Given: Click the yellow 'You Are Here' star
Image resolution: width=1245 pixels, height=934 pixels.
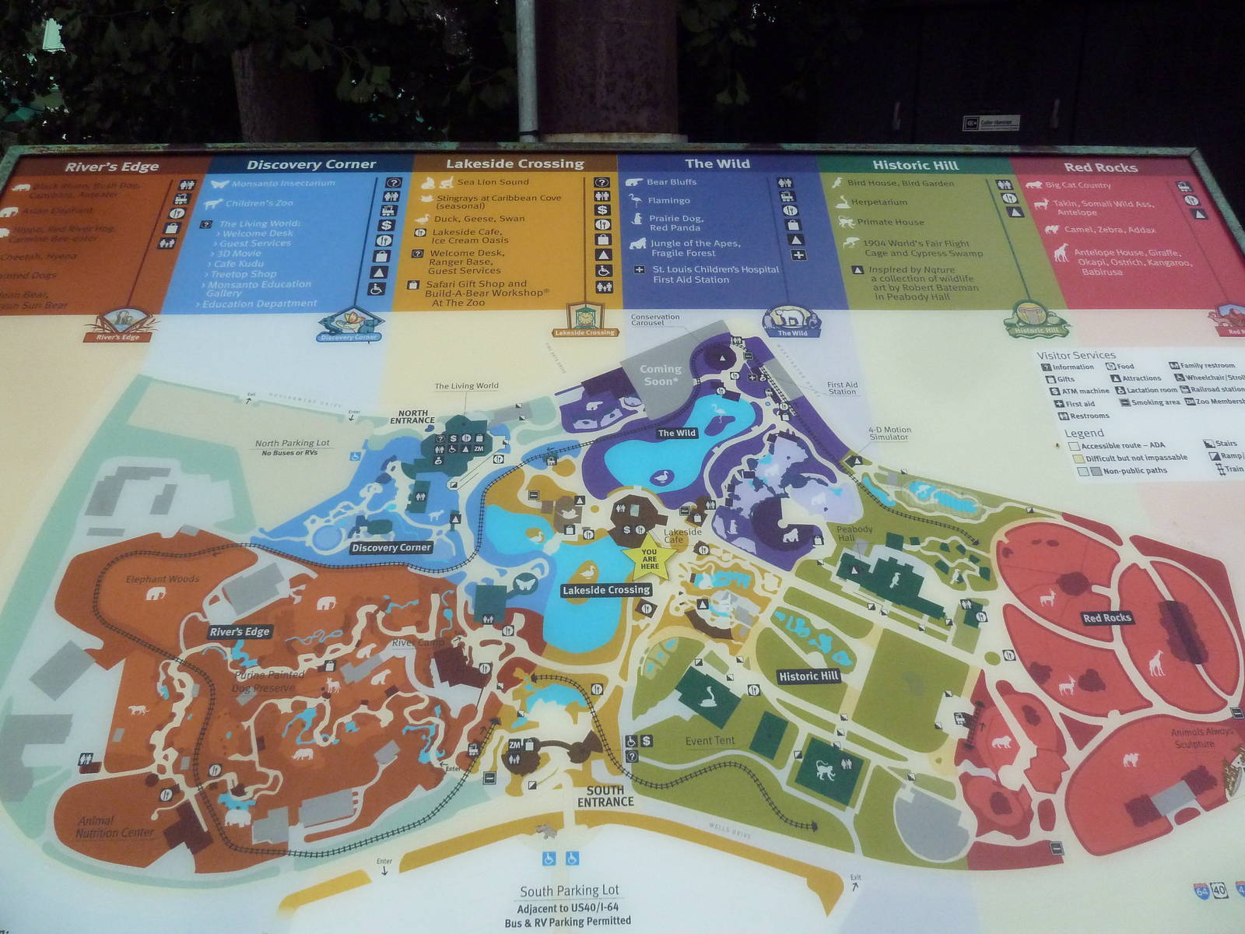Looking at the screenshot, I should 649,557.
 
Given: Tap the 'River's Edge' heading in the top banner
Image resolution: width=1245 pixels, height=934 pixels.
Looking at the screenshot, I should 111,167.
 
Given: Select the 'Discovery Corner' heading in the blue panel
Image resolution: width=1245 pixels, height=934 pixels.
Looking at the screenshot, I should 311,164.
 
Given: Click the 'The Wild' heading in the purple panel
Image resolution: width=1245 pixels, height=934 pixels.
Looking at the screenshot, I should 717,163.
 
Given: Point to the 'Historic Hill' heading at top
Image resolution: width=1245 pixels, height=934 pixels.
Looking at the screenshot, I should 915,165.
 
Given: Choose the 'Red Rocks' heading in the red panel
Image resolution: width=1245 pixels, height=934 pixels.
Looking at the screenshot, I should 1100,167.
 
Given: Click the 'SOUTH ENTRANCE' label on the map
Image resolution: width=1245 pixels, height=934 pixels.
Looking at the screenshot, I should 605,795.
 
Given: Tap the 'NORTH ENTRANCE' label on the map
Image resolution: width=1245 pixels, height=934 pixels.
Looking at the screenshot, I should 412,417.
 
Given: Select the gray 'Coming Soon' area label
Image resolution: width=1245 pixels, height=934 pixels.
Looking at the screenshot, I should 660,375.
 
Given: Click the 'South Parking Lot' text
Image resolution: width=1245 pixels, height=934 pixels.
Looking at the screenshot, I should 570,890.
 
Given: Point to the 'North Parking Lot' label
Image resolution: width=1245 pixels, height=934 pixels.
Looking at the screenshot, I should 292,443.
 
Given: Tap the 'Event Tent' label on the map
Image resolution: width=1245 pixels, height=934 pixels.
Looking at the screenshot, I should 710,741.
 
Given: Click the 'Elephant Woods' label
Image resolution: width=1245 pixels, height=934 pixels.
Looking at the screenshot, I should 163,579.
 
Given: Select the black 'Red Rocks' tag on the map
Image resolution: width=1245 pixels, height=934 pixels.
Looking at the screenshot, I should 1106,618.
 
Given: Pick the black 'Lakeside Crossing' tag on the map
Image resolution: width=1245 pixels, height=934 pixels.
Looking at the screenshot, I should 606,590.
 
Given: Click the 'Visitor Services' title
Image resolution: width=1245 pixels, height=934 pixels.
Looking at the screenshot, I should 1075,355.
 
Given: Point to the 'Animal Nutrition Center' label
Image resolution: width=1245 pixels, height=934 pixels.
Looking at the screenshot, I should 114,827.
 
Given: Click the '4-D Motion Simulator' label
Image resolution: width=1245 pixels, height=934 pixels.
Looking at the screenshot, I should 889,433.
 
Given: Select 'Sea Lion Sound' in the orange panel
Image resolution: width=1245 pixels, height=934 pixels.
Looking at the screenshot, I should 493,182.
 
